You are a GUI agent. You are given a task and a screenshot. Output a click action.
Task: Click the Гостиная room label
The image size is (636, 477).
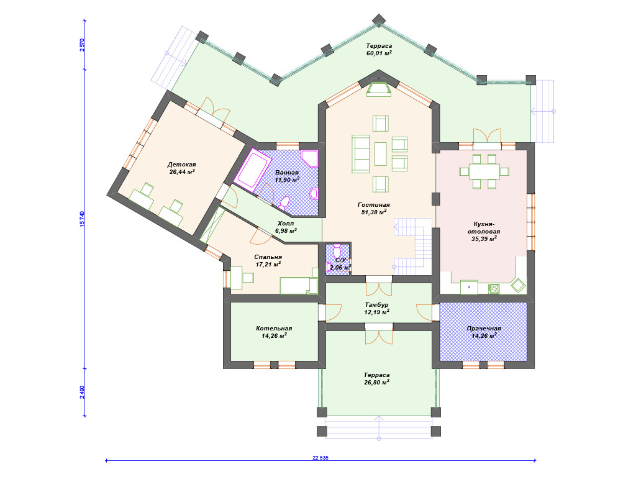(373, 205)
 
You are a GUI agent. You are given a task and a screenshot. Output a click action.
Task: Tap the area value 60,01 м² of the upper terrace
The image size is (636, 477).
(379, 53)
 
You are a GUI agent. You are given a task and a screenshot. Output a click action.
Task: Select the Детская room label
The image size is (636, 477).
(182, 164)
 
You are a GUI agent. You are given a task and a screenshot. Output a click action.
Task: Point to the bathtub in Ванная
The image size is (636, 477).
(254, 170)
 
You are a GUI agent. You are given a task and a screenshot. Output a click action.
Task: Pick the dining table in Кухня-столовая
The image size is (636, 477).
(484, 171)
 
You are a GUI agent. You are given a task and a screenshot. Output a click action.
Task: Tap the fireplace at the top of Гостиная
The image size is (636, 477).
(379, 89)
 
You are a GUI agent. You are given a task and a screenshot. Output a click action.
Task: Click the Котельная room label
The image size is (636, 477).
(274, 329)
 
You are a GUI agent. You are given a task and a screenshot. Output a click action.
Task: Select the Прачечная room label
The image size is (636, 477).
(484, 329)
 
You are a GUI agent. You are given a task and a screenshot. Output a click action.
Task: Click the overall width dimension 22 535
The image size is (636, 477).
(320, 458)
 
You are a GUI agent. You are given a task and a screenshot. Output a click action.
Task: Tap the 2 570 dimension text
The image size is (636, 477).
(82, 45)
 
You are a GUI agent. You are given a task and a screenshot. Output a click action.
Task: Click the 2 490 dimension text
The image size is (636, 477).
(82, 392)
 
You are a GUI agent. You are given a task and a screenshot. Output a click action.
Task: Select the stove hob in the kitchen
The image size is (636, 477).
(494, 288)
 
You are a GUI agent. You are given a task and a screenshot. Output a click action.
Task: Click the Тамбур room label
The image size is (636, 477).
(376, 304)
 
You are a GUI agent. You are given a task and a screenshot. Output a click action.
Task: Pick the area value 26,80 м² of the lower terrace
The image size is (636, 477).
(377, 382)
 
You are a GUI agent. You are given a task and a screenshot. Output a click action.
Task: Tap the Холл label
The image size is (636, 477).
(286, 224)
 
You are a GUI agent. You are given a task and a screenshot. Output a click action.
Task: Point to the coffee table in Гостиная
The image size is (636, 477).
(381, 154)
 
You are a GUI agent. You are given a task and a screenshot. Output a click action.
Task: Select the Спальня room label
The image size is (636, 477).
(268, 257)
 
